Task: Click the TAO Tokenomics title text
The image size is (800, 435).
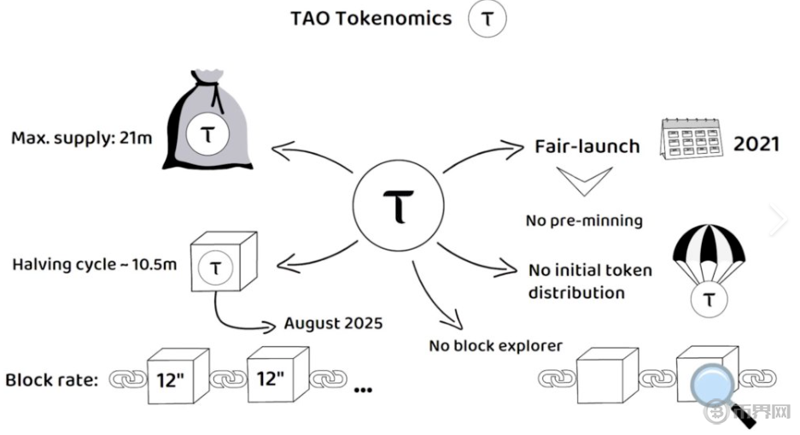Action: pyautogui.click(x=371, y=18)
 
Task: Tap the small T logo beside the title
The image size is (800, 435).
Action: pyautogui.click(x=487, y=20)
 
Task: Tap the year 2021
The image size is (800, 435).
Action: pyautogui.click(x=756, y=143)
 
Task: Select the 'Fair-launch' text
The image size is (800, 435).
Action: pyautogui.click(x=587, y=146)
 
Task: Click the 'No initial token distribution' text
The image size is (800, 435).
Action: pyautogui.click(x=589, y=281)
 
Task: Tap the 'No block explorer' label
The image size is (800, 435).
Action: pyautogui.click(x=495, y=346)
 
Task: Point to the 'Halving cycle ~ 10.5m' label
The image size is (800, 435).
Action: pyautogui.click(x=94, y=264)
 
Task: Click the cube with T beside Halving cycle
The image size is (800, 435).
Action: pyautogui.click(x=217, y=264)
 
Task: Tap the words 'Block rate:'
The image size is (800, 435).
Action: pyautogui.click(x=52, y=379)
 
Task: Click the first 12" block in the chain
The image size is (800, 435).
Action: pyautogui.click(x=174, y=376)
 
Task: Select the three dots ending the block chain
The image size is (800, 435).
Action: pyautogui.click(x=363, y=390)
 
